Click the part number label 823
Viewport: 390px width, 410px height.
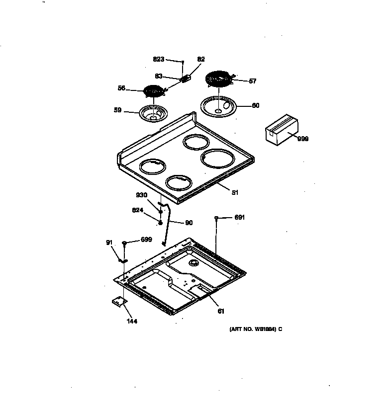tap(158, 59)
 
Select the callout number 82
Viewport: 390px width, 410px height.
tap(201, 59)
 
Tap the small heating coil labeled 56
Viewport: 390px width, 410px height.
tap(154, 91)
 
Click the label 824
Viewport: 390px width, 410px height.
tap(138, 210)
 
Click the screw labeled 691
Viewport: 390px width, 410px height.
tap(217, 218)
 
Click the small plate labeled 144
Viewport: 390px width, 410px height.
tap(118, 302)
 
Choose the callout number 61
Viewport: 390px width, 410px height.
tap(221, 312)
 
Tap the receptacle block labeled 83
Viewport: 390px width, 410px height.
tap(186, 79)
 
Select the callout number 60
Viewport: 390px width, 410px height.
tap(255, 105)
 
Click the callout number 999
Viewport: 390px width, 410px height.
tap(302, 139)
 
